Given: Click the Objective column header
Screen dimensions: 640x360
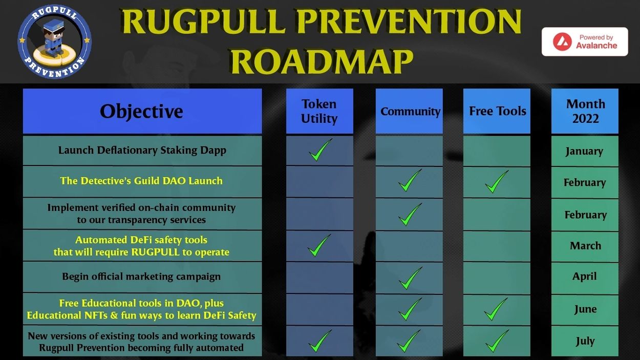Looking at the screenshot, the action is click(142, 111).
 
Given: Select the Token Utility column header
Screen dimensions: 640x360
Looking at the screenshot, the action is click(319, 111).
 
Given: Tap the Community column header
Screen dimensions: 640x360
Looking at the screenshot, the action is click(409, 111).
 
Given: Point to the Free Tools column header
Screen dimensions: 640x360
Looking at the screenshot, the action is click(497, 111).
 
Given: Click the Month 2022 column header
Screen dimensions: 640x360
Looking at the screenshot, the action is click(585, 111).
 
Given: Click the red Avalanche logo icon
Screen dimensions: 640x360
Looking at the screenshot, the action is click(562, 41).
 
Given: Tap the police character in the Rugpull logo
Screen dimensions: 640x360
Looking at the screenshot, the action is click(54, 38).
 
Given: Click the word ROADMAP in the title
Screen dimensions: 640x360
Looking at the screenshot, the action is click(322, 61).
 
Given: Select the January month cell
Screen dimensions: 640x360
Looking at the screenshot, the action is click(585, 151).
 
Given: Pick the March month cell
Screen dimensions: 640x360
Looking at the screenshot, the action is click(585, 246).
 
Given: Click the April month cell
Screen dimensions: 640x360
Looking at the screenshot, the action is click(585, 277).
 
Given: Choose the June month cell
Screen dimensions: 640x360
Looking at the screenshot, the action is click(585, 309).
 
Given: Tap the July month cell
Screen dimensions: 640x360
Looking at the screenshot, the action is click(585, 341).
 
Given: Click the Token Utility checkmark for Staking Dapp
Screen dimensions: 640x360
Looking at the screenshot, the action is click(321, 151).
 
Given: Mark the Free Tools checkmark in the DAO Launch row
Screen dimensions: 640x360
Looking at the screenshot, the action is click(497, 182).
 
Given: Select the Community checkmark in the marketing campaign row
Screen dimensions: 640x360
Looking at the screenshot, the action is click(410, 278).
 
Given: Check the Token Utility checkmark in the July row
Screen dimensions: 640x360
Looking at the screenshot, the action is click(320, 341).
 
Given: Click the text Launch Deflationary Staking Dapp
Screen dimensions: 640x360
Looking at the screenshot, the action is click(142, 150).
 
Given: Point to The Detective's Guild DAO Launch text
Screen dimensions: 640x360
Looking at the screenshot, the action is click(141, 181).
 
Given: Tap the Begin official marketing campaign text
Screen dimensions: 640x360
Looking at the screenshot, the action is click(141, 277).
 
